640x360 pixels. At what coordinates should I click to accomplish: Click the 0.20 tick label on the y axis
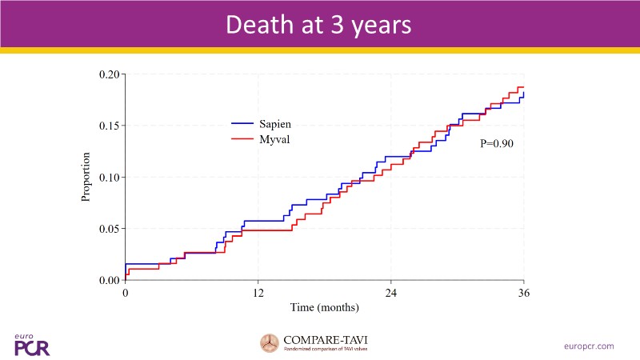click(109, 74)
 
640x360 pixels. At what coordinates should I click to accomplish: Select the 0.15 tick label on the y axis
click(109, 126)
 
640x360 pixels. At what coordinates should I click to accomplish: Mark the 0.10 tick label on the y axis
click(109, 177)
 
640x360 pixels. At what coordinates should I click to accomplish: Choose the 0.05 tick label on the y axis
click(109, 228)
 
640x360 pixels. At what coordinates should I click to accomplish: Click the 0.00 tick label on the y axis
click(109, 280)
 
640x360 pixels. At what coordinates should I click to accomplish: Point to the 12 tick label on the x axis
click(258, 293)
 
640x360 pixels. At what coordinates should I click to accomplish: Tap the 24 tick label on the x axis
click(390, 293)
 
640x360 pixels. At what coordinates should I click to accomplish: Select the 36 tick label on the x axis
click(523, 293)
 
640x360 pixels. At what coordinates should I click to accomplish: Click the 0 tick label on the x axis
click(126, 293)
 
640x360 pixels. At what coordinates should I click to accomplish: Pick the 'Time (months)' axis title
click(324, 307)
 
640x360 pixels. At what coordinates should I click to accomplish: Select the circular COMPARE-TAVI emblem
click(270, 343)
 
